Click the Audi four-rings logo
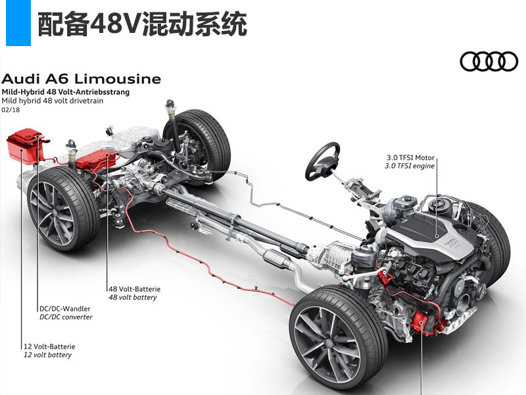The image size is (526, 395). click(x=489, y=61)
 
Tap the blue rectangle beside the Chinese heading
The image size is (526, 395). click(x=18, y=23)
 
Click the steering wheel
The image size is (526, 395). click(x=322, y=161)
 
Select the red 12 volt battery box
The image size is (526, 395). click(x=26, y=146)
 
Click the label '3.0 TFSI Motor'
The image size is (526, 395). click(x=410, y=157)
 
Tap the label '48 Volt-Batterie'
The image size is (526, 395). click(x=135, y=289)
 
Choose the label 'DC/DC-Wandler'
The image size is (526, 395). click(x=64, y=309)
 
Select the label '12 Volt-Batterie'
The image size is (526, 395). click(x=49, y=346)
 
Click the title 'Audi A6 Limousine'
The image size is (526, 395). click(x=81, y=79)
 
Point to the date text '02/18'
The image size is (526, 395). click(x=11, y=110)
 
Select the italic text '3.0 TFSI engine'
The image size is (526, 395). click(x=410, y=166)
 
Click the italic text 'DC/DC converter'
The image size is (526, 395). click(x=66, y=317)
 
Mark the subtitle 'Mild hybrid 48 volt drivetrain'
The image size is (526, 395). click(x=53, y=101)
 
